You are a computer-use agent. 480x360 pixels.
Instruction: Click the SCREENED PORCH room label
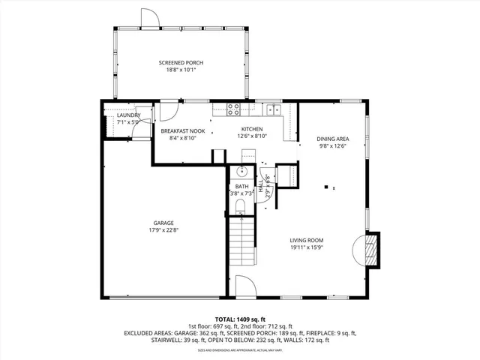coord(181,62)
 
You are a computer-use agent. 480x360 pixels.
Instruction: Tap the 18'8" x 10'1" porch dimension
coord(181,70)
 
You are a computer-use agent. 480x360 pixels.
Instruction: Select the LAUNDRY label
coord(128,115)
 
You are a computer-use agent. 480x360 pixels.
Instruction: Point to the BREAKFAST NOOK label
coord(182,130)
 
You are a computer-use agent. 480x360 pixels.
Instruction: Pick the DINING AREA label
coord(332,139)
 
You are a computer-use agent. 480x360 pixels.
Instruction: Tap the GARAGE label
coord(163,223)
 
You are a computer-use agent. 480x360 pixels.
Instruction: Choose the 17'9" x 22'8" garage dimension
coord(163,230)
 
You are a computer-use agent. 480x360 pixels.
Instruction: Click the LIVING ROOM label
coord(306,240)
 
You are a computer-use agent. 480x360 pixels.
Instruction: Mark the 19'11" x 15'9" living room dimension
coord(306,247)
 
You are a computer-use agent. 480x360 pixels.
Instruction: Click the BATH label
coord(241,186)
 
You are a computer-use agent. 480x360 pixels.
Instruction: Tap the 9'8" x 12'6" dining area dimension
coord(332,146)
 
